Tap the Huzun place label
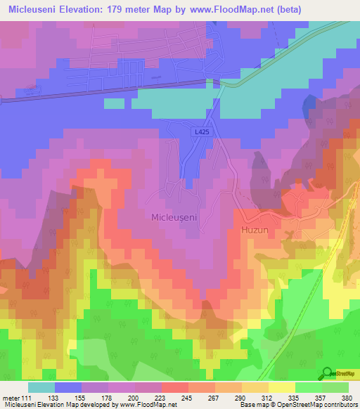click(255, 228)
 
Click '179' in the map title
click(131, 9)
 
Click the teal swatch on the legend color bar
click(41, 387)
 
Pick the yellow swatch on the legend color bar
click(281, 387)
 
